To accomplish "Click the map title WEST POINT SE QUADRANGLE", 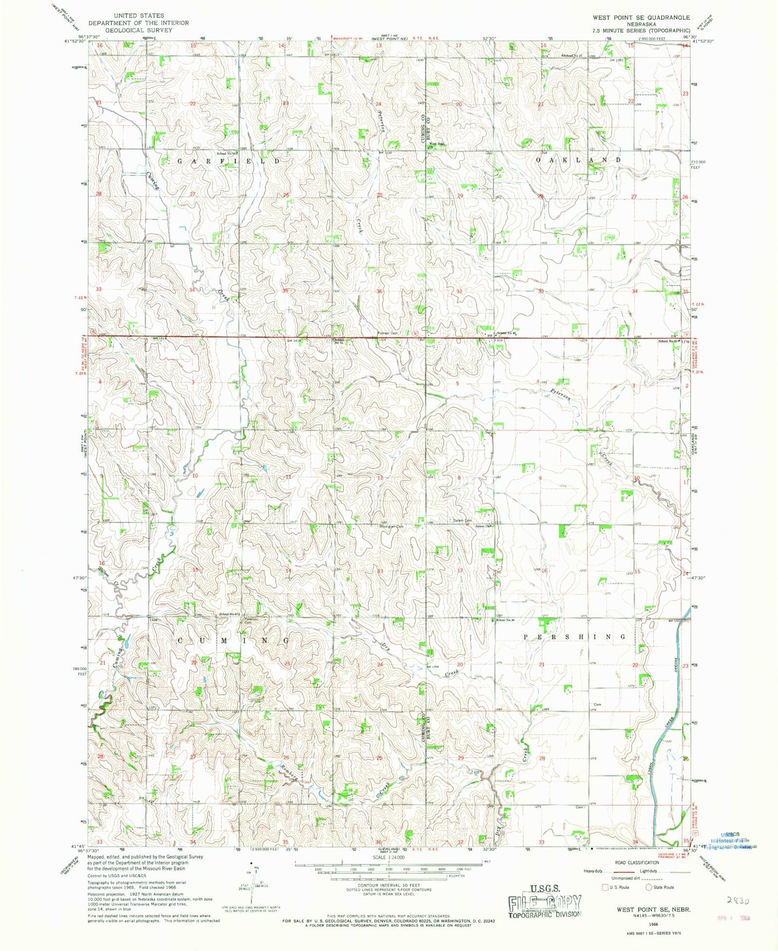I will [x=641, y=17].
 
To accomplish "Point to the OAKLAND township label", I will [x=579, y=160].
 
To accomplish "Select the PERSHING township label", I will [x=575, y=636].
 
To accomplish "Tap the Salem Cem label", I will [x=462, y=520].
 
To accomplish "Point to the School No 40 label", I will [x=505, y=620].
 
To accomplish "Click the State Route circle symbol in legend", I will [x=649, y=887].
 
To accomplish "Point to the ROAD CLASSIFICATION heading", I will [x=628, y=863].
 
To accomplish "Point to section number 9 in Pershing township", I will [x=539, y=478].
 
